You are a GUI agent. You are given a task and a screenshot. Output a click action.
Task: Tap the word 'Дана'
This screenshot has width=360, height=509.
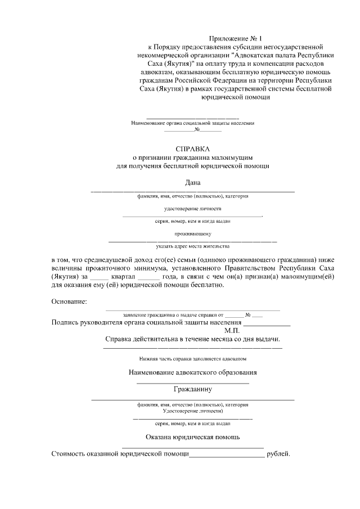point(193,182)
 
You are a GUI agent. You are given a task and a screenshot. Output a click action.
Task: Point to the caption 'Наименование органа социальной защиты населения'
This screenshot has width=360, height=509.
point(193,123)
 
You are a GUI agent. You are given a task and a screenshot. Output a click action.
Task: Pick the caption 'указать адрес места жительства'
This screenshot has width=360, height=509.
point(193,246)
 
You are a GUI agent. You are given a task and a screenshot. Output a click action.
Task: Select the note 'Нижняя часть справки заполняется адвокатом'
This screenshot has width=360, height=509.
point(193,358)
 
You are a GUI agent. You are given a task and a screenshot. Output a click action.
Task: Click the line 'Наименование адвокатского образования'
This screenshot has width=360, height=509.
point(193,372)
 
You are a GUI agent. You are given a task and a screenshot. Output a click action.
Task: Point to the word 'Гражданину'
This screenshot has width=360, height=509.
point(193,389)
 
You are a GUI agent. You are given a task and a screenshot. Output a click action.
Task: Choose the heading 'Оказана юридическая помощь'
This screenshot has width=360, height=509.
point(193,436)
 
